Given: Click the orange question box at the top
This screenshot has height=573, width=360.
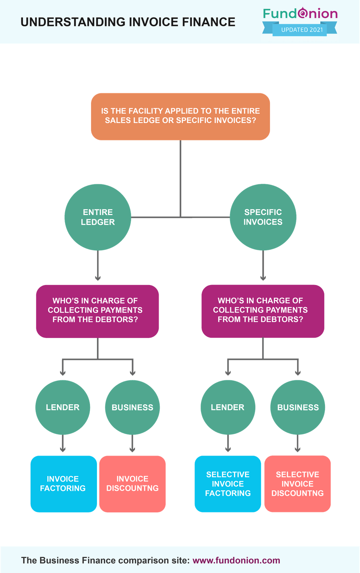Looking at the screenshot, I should click(x=180, y=116).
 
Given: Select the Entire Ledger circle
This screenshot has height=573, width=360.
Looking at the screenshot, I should click(x=98, y=217).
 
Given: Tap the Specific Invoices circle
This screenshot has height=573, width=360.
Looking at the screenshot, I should click(x=263, y=217).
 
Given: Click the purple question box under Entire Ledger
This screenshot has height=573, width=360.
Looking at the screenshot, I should click(x=97, y=311).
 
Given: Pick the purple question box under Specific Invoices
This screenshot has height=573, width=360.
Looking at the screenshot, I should click(x=262, y=311).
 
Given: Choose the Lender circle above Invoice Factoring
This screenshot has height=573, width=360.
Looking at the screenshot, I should click(x=63, y=407).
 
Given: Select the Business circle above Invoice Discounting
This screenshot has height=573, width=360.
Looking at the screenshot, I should click(x=132, y=407).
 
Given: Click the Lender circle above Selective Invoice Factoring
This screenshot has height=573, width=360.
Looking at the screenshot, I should click(x=228, y=407).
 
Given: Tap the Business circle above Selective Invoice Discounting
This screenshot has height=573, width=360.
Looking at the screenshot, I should click(x=298, y=407).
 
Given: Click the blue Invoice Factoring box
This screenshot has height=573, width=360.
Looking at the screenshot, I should click(x=63, y=484).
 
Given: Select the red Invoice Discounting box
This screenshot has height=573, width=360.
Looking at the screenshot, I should click(x=132, y=484).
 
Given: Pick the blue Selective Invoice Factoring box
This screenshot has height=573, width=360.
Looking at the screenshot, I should click(x=228, y=484).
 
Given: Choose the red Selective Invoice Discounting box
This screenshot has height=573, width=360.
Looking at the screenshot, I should click(x=298, y=484).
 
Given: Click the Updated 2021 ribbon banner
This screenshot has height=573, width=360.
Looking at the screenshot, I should click(x=300, y=29).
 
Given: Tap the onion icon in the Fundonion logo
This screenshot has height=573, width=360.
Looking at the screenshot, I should click(x=303, y=13).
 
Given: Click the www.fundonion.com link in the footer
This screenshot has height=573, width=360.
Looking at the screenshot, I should click(x=236, y=560).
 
